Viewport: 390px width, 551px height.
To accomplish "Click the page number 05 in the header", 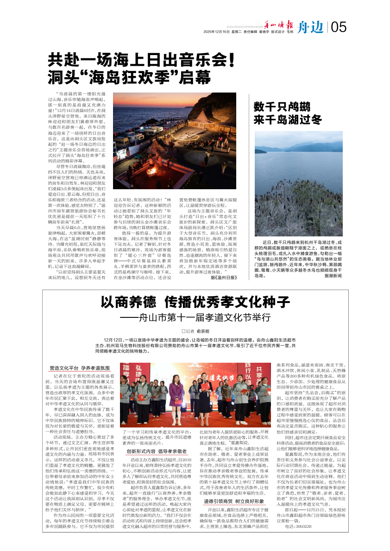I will click(339, 27).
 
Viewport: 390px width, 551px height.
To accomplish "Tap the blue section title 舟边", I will click(310, 27).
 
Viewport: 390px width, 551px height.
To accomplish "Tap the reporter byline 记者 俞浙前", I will click(195, 331).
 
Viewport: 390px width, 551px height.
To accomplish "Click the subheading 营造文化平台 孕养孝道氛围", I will click(80, 368).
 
